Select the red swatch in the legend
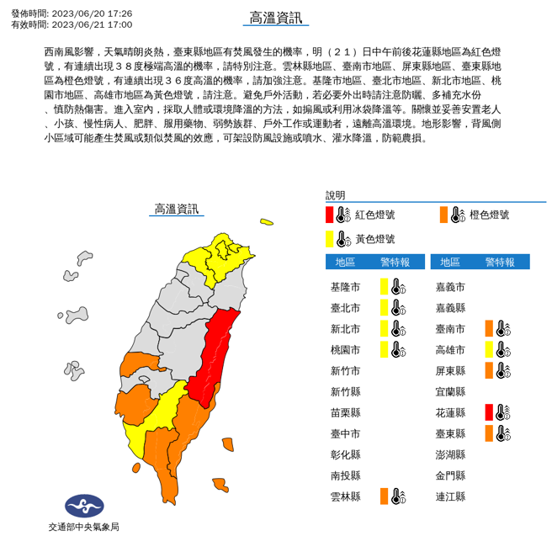[331, 215]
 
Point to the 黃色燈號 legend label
[375, 239]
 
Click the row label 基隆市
[347, 287]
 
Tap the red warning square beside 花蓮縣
[488, 412]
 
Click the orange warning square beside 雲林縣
[384, 496]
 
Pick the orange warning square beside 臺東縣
[488, 433]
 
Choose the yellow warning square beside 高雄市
[488, 349]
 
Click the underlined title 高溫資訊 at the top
[275, 17]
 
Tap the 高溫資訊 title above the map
[177, 208]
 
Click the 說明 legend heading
[336, 194]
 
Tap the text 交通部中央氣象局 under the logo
[83, 527]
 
